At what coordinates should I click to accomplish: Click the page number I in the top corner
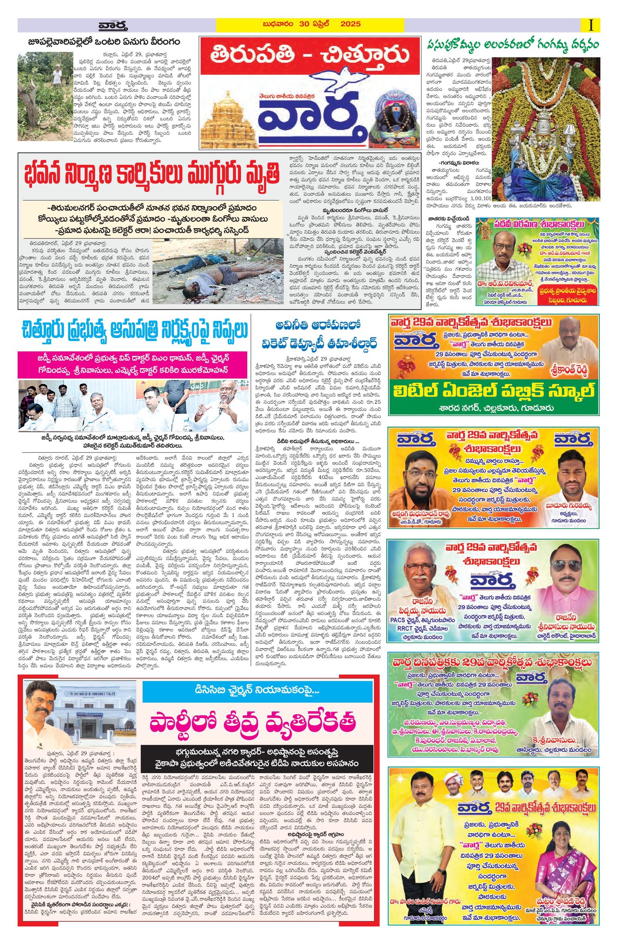pyautogui.click(x=591, y=25)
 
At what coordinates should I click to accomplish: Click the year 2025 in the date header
pyautogui.click(x=350, y=24)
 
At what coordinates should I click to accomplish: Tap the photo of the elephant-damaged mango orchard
pyautogui.click(x=45, y=96)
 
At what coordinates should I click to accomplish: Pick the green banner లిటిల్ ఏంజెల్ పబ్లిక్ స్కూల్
pyautogui.click(x=493, y=391)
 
